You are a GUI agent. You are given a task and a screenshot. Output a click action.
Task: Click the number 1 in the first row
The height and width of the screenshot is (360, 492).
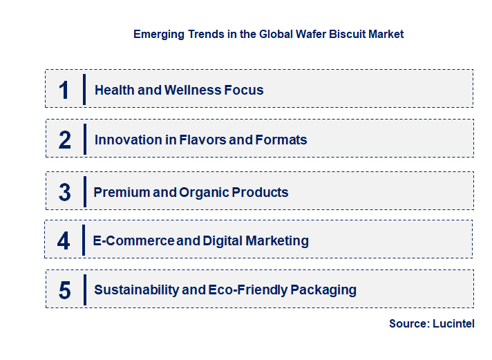[x=64, y=90]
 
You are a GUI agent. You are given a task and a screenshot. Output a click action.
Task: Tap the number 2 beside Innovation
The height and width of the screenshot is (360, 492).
[x=65, y=140]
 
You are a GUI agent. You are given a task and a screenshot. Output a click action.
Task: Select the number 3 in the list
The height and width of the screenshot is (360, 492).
[x=65, y=192]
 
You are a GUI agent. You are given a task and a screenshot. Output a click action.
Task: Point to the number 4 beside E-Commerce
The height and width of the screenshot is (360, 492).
[x=64, y=240]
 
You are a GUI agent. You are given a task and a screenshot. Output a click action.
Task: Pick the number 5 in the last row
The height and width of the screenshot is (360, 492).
[x=65, y=290]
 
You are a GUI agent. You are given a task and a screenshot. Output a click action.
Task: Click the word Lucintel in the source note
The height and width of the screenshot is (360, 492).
[x=453, y=323]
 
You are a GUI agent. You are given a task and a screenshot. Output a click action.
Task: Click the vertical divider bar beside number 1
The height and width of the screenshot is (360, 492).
[x=84, y=89]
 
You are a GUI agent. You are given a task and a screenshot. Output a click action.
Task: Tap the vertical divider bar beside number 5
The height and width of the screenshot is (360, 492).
[x=84, y=290]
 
